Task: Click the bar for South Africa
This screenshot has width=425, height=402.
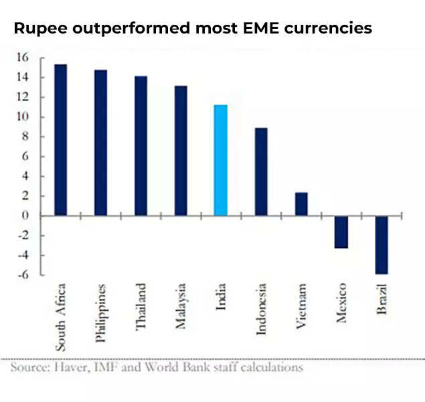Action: click(x=60, y=139)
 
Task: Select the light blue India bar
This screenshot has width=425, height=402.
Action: click(x=221, y=160)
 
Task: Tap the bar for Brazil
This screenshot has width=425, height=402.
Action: click(x=381, y=245)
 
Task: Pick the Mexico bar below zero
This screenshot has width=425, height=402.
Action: click(x=341, y=232)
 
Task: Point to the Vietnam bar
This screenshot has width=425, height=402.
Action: click(x=301, y=204)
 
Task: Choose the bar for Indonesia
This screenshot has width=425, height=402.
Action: click(x=261, y=172)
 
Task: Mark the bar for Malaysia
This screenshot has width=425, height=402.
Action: click(x=181, y=150)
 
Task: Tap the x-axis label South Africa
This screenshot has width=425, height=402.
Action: click(x=61, y=316)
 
